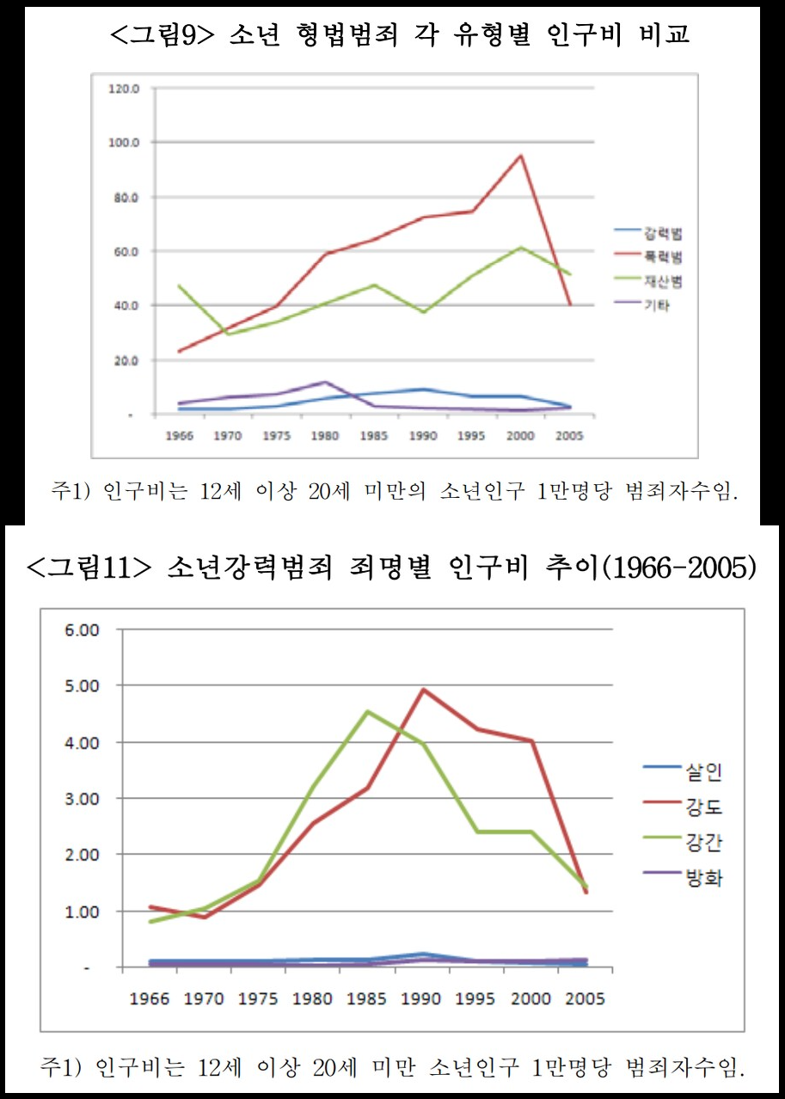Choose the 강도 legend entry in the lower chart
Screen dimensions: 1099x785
(x=702, y=807)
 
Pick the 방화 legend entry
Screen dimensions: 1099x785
(x=702, y=877)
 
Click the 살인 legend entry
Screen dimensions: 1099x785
(x=702, y=771)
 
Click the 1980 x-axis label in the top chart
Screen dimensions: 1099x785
(x=324, y=435)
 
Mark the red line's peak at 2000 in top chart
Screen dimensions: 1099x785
(x=520, y=156)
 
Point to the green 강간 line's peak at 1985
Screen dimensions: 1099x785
(x=367, y=711)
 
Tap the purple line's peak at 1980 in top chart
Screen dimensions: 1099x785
(x=325, y=382)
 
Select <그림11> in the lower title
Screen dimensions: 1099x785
(x=89, y=568)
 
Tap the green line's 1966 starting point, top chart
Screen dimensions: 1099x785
(x=156, y=285)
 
